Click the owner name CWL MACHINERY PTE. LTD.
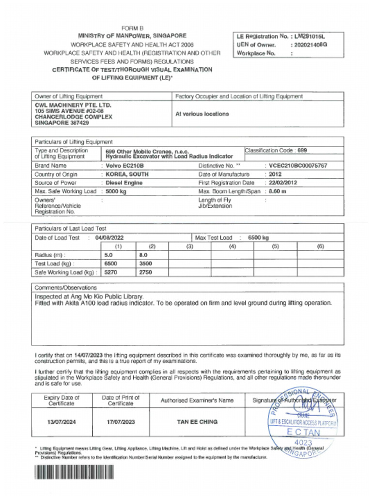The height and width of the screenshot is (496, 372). pos(73,105)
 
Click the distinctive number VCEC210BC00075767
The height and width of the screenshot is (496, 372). pos(298,166)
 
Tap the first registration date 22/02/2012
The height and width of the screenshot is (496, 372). pos(283,183)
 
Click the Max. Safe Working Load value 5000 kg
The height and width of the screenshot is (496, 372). pos(116,191)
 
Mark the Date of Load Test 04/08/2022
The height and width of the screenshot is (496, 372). pos(110,238)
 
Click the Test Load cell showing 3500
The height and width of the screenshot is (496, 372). pos(145,263)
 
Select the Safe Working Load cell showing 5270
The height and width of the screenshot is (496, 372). pos(111,272)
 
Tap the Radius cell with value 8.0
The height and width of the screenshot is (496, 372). pos(143,255)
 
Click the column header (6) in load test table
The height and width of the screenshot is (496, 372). pos(320,247)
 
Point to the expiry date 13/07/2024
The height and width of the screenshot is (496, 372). pos(61,422)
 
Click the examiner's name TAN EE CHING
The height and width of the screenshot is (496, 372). pos(197,422)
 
